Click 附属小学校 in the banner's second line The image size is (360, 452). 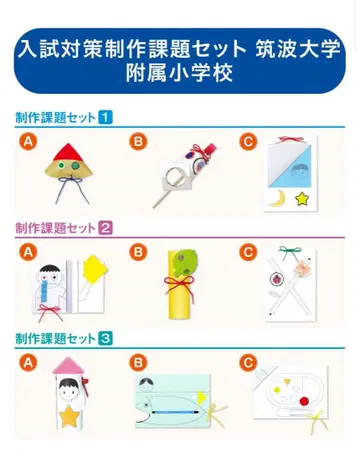(180, 73)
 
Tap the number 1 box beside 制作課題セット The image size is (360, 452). (106, 118)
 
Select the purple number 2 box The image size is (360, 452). (106, 227)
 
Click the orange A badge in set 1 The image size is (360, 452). (29, 141)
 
